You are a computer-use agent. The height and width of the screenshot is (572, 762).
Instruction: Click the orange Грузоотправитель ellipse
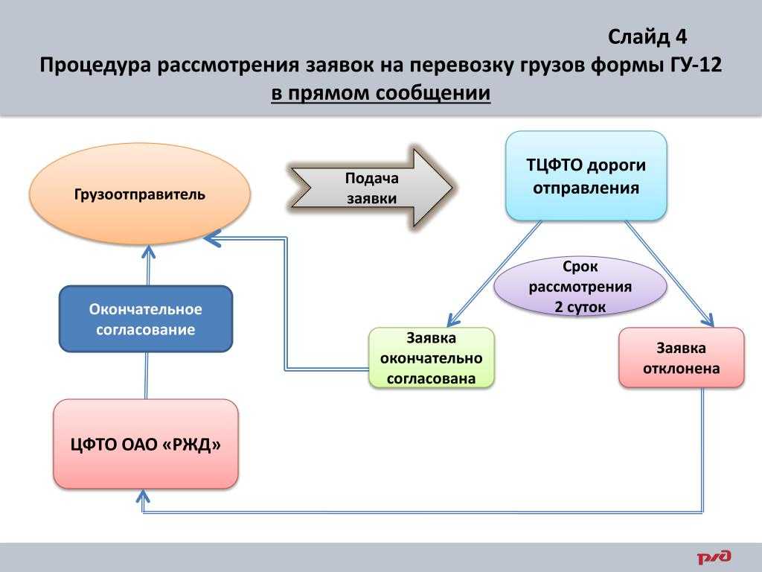[140, 194]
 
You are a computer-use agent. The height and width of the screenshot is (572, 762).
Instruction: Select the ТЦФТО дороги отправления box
[586, 176]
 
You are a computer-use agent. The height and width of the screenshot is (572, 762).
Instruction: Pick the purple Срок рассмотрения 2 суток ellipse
[580, 287]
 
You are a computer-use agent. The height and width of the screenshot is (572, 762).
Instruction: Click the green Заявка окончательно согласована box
[431, 358]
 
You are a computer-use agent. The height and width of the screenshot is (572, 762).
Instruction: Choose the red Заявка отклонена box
[682, 357]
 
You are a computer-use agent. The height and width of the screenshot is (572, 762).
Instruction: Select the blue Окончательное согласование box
[146, 319]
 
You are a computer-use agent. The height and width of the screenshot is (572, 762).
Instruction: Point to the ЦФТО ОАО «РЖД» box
[146, 444]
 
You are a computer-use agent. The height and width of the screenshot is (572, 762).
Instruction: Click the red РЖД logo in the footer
[714, 556]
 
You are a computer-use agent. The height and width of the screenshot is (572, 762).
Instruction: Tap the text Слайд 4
[647, 37]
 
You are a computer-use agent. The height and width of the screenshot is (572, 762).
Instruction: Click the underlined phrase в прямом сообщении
[380, 93]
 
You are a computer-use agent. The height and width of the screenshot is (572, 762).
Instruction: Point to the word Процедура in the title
[95, 66]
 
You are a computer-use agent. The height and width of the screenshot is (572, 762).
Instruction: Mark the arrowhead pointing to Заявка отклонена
[708, 320]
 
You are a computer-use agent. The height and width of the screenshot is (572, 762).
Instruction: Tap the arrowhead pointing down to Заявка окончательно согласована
[453, 320]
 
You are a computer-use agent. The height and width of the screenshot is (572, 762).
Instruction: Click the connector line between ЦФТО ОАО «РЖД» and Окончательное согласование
[146, 375]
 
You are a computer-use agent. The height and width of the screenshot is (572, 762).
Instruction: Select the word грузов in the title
[552, 66]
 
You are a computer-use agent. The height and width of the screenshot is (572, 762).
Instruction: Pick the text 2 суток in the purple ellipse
[580, 307]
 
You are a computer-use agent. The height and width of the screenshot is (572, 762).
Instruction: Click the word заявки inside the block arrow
[372, 198]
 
